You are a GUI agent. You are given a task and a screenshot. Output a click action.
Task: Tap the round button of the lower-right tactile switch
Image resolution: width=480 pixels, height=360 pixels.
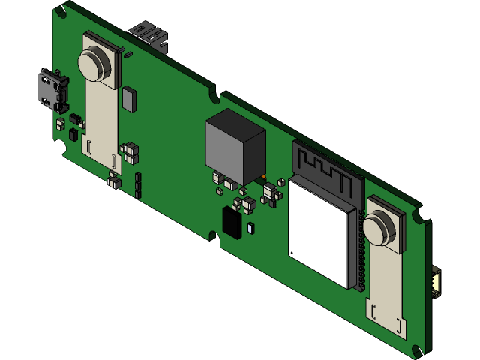click(x=378, y=227)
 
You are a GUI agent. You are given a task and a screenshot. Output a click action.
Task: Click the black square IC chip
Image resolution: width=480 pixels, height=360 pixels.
click(x=232, y=223)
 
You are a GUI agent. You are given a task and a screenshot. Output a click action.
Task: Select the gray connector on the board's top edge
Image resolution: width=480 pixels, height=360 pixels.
click(x=149, y=33)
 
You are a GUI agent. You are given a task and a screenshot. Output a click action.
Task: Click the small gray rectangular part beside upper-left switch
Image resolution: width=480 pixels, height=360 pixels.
click(x=129, y=97)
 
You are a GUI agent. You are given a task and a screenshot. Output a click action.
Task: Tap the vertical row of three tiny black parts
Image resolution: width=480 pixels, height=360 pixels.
click(x=138, y=184)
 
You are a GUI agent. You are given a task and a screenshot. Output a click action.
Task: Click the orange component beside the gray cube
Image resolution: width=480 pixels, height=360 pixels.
click(x=264, y=178)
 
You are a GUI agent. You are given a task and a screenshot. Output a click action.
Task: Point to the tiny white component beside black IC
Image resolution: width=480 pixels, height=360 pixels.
click(x=250, y=226)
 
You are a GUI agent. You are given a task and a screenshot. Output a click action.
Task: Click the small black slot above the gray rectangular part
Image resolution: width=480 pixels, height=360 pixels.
click(x=128, y=54)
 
